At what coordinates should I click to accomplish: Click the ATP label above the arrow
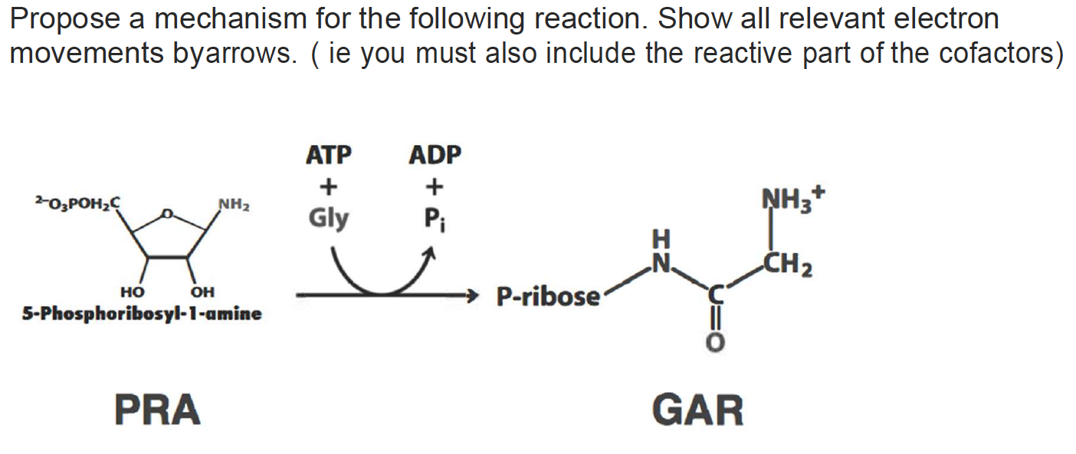pos(328,155)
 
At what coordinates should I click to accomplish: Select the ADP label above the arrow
pos(435,155)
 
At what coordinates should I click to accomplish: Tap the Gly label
pos(328,219)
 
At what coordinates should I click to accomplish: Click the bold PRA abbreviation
pos(158,409)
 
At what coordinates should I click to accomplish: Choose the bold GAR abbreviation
pos(698,409)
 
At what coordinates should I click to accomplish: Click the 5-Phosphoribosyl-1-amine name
pos(142,314)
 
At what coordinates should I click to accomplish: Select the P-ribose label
pos(548,296)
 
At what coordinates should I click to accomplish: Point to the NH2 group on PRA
pos(235,206)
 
